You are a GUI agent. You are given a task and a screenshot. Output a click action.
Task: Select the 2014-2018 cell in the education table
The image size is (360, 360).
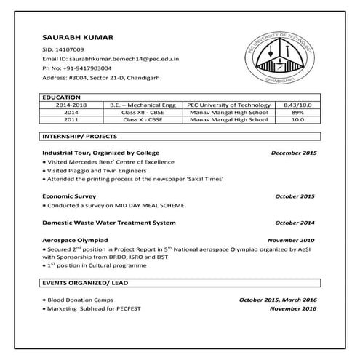click(x=71, y=105)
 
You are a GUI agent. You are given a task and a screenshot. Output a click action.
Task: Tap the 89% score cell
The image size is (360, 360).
click(x=298, y=113)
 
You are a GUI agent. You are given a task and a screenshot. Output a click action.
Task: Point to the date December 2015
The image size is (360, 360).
click(x=294, y=153)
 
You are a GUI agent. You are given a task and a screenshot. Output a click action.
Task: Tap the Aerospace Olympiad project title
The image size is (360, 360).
click(x=76, y=239)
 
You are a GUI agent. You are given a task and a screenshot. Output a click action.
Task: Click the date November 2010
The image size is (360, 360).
click(x=292, y=239)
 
